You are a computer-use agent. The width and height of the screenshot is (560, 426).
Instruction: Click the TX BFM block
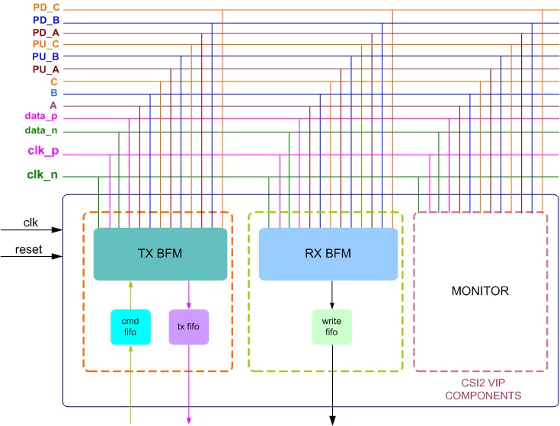[x=161, y=254]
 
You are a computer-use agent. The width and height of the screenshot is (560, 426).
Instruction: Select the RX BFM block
[x=328, y=254]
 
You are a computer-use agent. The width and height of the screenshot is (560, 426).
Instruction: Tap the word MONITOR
[x=480, y=291]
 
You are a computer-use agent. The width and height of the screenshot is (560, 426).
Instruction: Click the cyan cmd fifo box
[x=131, y=327]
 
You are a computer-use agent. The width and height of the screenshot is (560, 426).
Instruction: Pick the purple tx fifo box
[x=188, y=327]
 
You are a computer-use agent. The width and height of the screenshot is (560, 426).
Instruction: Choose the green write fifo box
[x=331, y=327]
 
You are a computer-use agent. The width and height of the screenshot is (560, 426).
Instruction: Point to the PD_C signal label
[x=46, y=8]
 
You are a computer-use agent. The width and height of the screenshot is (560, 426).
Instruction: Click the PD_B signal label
[x=46, y=21]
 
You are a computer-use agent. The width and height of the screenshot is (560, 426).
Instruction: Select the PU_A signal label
[x=46, y=69]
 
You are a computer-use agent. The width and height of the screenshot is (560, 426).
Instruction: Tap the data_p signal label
[x=41, y=117]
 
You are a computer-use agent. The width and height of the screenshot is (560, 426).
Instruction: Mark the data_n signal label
[x=41, y=131]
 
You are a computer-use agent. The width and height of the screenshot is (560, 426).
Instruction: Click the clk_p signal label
[x=43, y=152]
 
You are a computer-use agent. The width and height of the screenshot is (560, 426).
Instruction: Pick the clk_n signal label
[x=43, y=175]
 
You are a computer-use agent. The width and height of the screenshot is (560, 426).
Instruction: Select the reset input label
[x=29, y=250]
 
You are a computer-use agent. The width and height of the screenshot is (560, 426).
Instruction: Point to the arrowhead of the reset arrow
[x=57, y=257]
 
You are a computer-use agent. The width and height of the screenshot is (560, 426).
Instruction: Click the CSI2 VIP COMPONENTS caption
[x=482, y=389]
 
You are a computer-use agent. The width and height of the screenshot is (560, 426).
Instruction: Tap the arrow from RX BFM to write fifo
[x=331, y=294]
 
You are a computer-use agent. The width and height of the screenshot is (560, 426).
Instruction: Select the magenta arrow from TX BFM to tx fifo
[x=188, y=294]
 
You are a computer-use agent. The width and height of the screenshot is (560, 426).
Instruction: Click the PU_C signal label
[x=46, y=44]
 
